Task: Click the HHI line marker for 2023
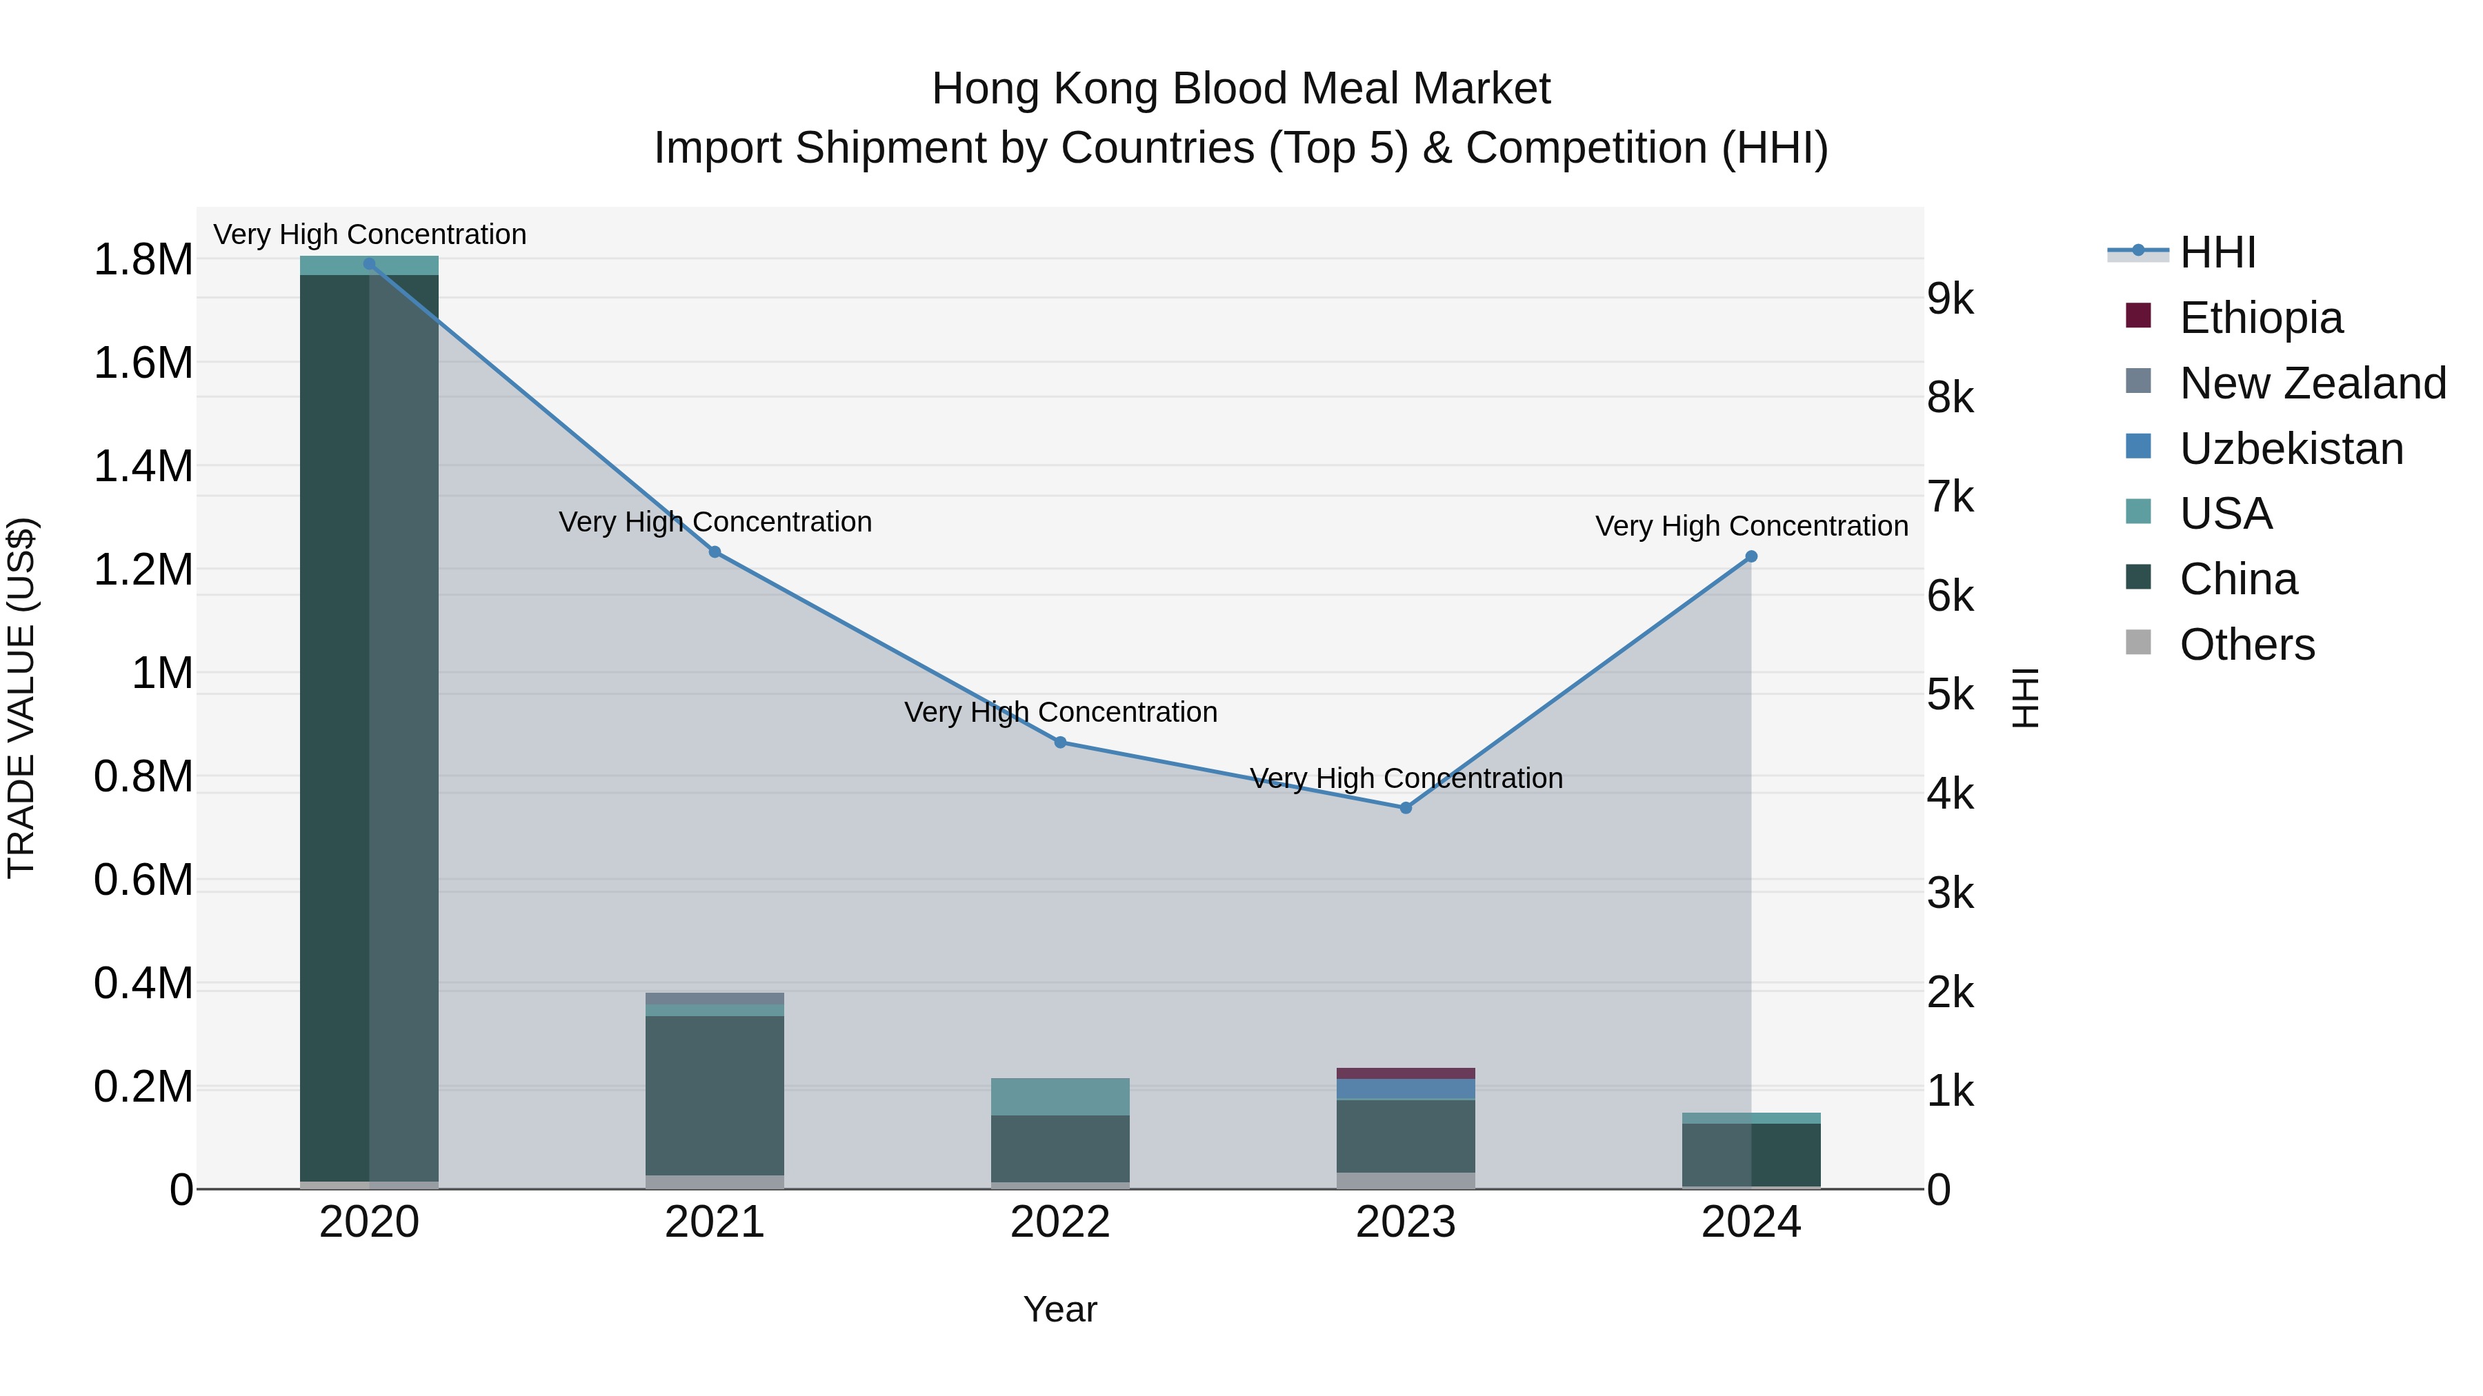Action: tap(1406, 807)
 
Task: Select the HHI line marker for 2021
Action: tap(715, 552)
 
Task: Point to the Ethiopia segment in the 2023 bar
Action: tap(1406, 1073)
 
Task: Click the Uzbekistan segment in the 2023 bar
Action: tap(1406, 1089)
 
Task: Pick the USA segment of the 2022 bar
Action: tap(1060, 1096)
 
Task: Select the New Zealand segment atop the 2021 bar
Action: tap(715, 998)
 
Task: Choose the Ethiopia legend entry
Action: tap(2260, 318)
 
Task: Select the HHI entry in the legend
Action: tap(2217, 252)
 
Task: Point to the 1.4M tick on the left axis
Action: tap(143, 466)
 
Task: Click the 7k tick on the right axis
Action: tap(1950, 497)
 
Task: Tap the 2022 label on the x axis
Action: tap(1060, 1222)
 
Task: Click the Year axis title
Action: tap(1059, 1309)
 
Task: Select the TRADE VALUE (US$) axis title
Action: tap(21, 698)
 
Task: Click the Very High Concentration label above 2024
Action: tap(1751, 526)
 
